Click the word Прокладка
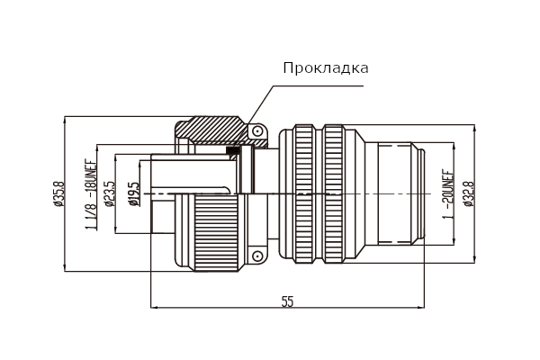[326, 68]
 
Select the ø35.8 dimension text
[58, 193]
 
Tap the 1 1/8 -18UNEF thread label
[91, 194]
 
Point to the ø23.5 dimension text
[110, 193]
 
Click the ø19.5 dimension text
[135, 194]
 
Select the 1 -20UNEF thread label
[448, 194]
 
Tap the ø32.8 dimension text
[470, 194]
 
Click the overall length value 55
[288, 301]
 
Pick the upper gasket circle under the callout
[256, 131]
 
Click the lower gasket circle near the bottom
[256, 256]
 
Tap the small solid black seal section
[232, 150]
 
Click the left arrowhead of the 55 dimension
[154, 307]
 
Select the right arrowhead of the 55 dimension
[421, 307]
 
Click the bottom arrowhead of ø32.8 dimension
[475, 259]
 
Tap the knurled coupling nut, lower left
[217, 233]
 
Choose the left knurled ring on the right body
[304, 194]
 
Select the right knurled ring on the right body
[334, 194]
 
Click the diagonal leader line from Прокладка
[261, 105]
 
